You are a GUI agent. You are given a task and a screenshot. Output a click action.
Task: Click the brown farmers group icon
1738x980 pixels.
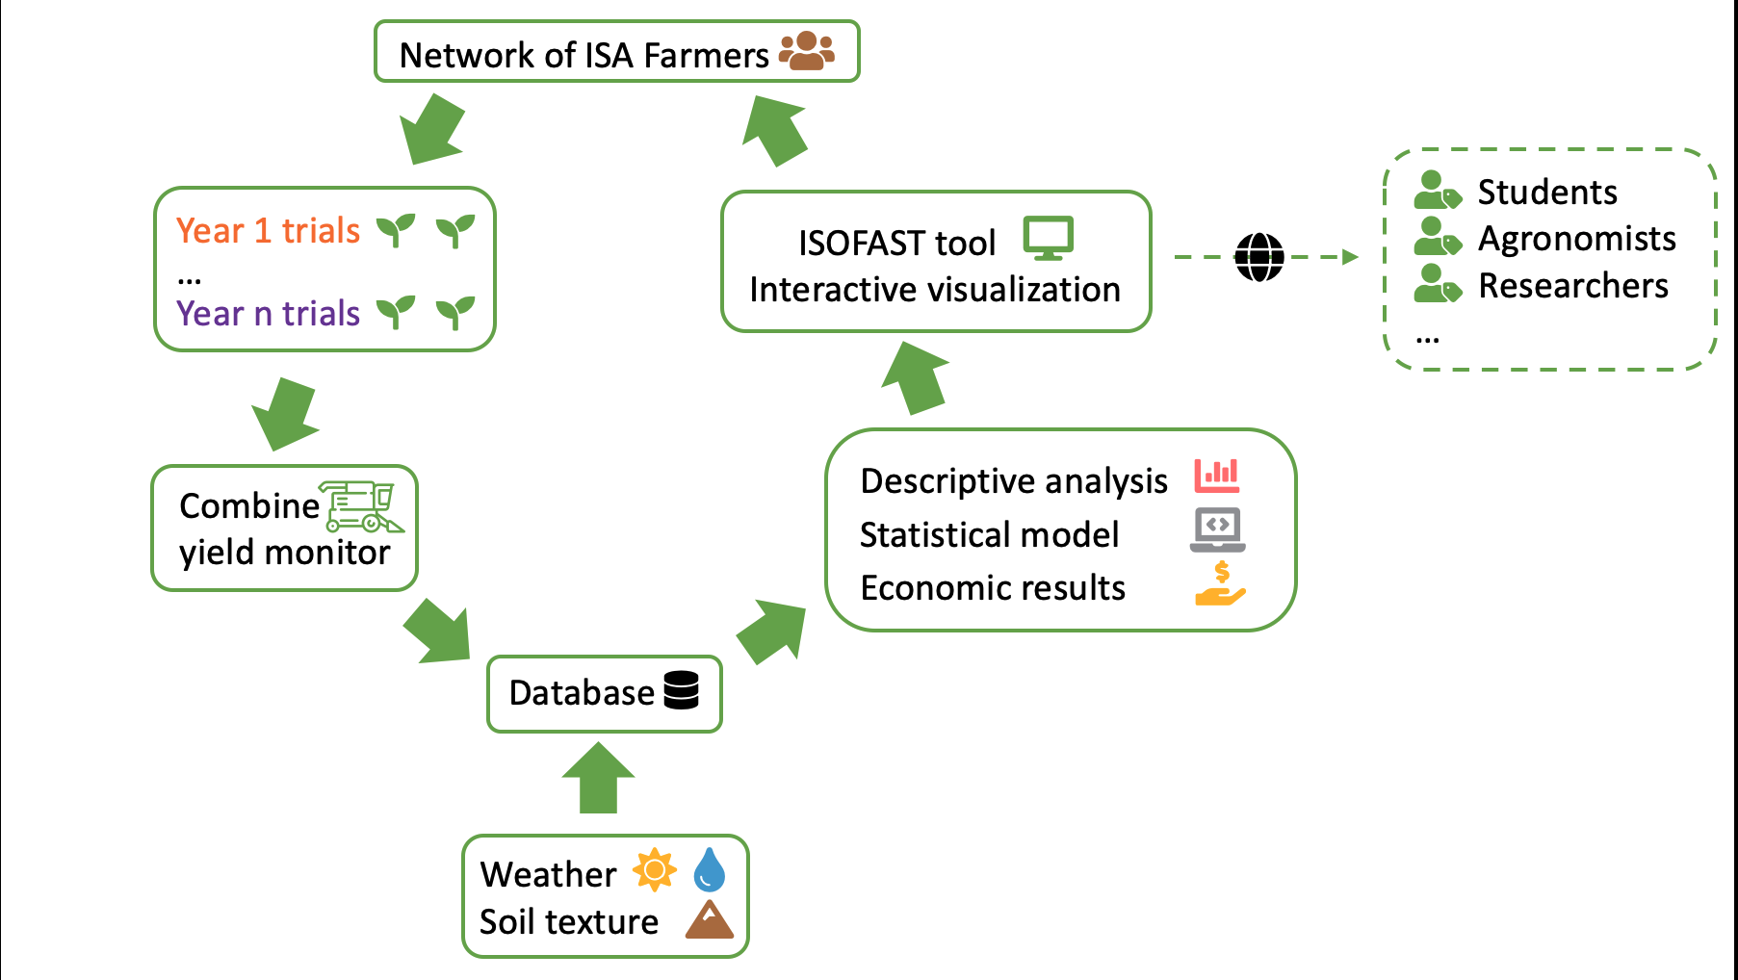pos(807,51)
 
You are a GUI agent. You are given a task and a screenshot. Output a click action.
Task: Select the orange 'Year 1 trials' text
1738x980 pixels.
pos(268,231)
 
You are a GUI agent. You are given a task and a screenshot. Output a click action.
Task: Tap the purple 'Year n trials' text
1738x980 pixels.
pos(268,314)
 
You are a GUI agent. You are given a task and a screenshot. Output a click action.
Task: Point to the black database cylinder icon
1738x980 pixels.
pos(682,690)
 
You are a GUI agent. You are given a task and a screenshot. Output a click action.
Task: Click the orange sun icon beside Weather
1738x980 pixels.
pos(655,870)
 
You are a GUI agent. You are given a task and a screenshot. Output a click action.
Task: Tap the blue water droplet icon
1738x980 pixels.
pos(710,869)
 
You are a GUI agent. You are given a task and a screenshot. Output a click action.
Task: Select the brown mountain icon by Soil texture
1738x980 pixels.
pos(710,919)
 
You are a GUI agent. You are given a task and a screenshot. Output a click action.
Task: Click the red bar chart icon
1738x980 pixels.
pos(1217,476)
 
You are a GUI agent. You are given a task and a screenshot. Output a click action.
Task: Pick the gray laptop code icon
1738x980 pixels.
pos(1217,529)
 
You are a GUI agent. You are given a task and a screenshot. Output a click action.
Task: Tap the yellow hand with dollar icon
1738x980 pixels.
pos(1220,583)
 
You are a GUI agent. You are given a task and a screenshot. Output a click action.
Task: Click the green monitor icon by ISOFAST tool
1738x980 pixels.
pos(1049,239)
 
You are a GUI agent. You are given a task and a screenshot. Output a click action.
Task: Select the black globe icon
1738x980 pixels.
pos(1259,257)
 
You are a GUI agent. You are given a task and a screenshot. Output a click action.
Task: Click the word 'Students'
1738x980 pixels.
pos(1547,193)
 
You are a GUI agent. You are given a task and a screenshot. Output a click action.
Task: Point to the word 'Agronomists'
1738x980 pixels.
pos(1577,239)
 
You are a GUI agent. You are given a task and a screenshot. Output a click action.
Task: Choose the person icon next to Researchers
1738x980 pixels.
pos(1438,284)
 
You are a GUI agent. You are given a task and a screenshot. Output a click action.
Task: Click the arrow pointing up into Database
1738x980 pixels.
pos(598,778)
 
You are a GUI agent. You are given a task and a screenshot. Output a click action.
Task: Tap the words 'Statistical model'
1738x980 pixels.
pos(989,534)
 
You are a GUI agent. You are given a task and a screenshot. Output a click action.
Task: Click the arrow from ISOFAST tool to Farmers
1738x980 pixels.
pos(774,130)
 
